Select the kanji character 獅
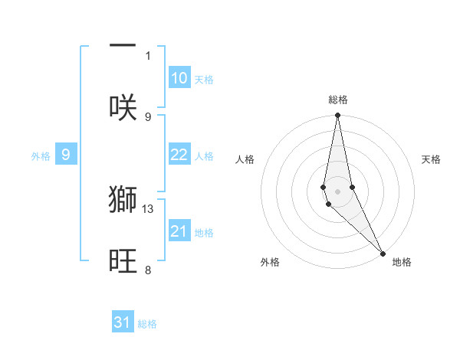pos(123,198)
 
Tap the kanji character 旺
pos(123,260)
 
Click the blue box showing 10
pos(179,78)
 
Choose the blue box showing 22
pos(179,155)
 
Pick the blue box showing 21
pos(179,231)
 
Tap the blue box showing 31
pos(123,322)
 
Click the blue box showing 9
pos(66,155)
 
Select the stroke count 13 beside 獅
pos(149,208)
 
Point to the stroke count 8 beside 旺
pos(148,270)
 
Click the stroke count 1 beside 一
pos(148,55)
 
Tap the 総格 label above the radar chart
pos(338,100)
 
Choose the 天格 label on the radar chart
pos(431,159)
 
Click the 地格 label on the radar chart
pos(402,262)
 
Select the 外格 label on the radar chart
pos(270,262)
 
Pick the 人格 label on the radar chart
pos(245,159)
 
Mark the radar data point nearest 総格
pos(337,116)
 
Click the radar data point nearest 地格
pos(383,253)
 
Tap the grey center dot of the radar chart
pos(337,191)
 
